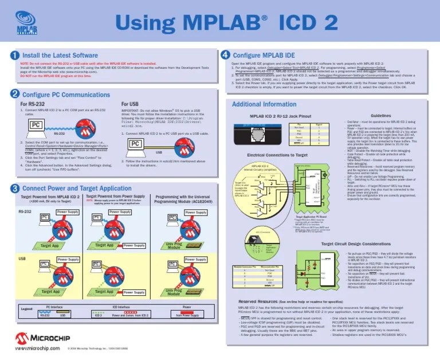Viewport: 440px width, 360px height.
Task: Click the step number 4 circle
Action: (x=225, y=54)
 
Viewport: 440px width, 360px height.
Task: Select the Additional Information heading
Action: (x=264, y=104)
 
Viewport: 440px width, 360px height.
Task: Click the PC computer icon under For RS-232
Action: (x=36, y=124)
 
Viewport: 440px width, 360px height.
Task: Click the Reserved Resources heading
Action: (x=258, y=300)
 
